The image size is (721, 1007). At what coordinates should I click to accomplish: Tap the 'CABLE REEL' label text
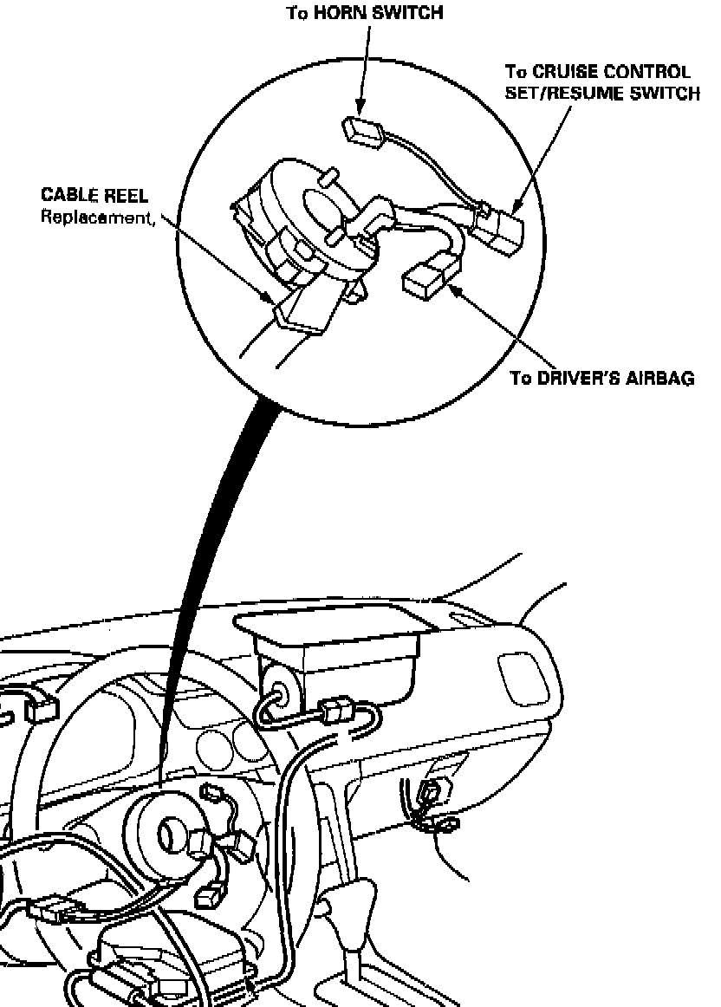point(94,198)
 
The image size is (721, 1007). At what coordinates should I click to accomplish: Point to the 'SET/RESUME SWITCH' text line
point(601,93)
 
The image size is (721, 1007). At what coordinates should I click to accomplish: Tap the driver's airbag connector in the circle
point(425,279)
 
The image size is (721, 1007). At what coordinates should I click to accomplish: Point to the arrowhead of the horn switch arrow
point(357,109)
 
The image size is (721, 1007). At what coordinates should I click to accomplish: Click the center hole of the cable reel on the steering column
point(169,835)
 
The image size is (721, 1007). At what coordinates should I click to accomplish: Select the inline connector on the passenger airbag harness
point(337,713)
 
